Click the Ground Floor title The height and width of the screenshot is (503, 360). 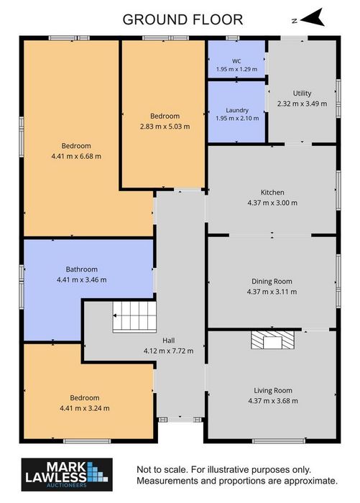[x=183, y=19]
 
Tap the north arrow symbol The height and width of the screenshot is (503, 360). [x=312, y=18]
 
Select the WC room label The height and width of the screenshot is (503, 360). [x=236, y=61]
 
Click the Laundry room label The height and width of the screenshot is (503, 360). [x=237, y=110]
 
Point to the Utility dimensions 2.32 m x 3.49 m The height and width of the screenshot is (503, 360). [x=302, y=103]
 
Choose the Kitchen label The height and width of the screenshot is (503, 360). [x=272, y=192]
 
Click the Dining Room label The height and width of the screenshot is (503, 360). [x=272, y=282]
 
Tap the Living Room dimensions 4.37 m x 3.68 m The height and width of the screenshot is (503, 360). [x=273, y=401]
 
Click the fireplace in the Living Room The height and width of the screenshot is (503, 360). [x=272, y=340]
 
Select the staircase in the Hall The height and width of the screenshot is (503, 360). [x=134, y=316]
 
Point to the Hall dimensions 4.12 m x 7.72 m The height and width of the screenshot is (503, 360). [x=168, y=351]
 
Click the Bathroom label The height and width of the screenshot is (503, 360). [x=81, y=269]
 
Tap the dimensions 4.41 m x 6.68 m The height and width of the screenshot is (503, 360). [x=76, y=156]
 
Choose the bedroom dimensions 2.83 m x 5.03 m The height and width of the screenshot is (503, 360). [x=165, y=126]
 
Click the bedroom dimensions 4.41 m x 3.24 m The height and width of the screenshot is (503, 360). [x=84, y=408]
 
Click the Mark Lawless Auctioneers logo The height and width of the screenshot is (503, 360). [x=67, y=475]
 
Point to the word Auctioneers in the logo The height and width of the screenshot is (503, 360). [x=67, y=485]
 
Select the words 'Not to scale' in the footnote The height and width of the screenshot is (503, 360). [x=162, y=470]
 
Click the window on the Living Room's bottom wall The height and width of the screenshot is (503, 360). [x=279, y=441]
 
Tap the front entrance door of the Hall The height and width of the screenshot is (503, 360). [x=180, y=419]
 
